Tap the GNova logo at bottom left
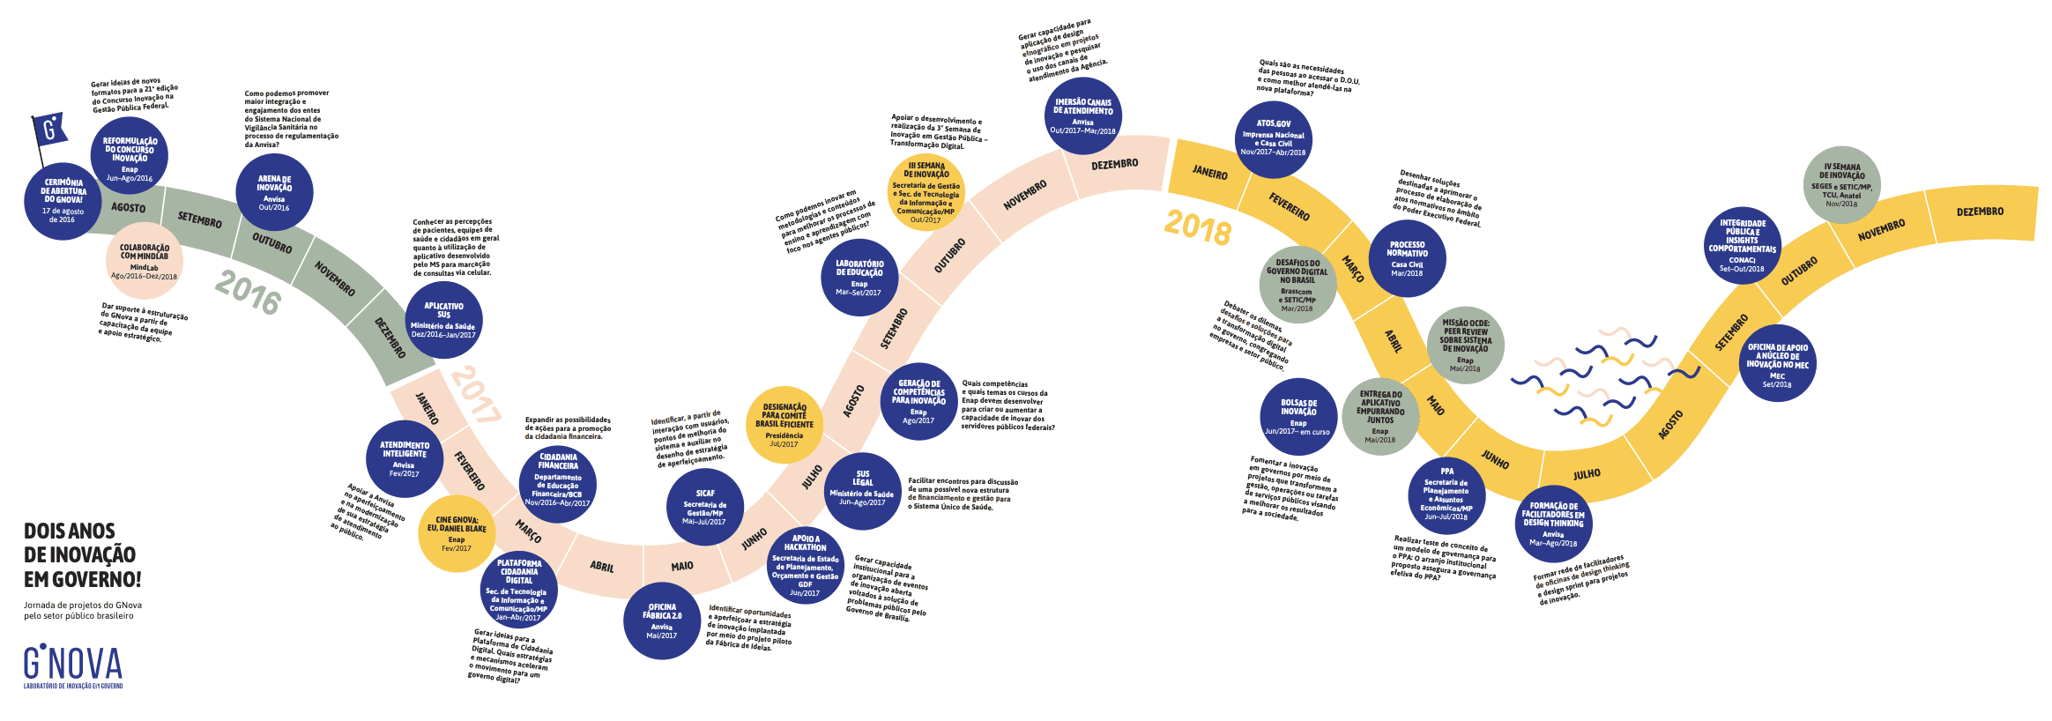pyautogui.click(x=73, y=666)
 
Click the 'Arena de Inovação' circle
pyautogui.click(x=274, y=192)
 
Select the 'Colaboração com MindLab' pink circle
pyautogui.click(x=145, y=261)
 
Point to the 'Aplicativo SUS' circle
pyautogui.click(x=443, y=320)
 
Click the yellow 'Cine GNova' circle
pyautogui.click(x=457, y=533)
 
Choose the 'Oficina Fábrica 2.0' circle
pyautogui.click(x=662, y=620)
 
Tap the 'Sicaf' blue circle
pyautogui.click(x=705, y=507)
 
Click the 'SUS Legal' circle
pyautogui.click(x=862, y=490)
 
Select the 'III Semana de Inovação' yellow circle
pyautogui.click(x=926, y=192)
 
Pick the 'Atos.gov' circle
pyautogui.click(x=1273, y=138)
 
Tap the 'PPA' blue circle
pyautogui.click(x=1446, y=495)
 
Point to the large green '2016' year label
pyautogui.click(x=248, y=292)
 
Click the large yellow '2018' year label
pyautogui.click(x=1197, y=227)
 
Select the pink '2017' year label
pyautogui.click(x=476, y=394)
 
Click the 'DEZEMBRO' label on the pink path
pyautogui.click(x=1114, y=165)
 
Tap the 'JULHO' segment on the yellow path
pyautogui.click(x=1587, y=474)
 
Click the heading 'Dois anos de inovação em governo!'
pyautogui.click(x=82, y=555)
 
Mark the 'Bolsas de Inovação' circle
pyautogui.click(x=1298, y=417)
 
